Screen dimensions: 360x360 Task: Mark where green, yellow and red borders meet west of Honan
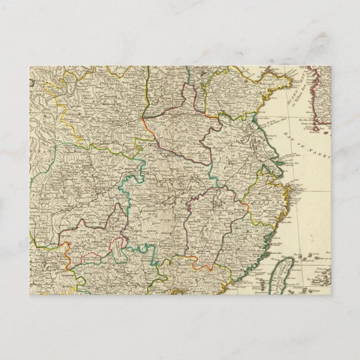pos(144,118)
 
